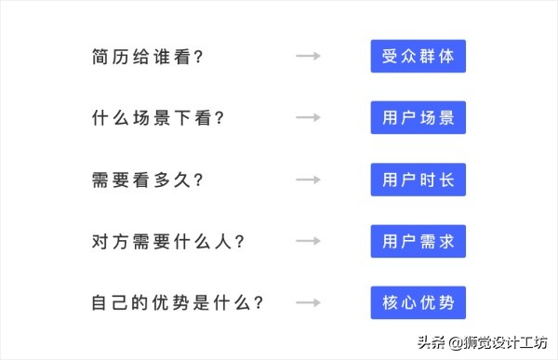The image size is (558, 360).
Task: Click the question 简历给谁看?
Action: pyautogui.click(x=147, y=57)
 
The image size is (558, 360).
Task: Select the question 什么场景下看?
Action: pyautogui.click(x=157, y=118)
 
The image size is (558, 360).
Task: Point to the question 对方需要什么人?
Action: pyautogui.click(x=167, y=242)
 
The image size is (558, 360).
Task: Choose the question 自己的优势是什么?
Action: pyautogui.click(x=178, y=303)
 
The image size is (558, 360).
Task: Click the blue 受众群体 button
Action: pyautogui.click(x=418, y=57)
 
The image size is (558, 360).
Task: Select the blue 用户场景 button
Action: pyautogui.click(x=418, y=118)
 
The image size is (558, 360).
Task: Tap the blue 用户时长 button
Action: pyautogui.click(x=418, y=180)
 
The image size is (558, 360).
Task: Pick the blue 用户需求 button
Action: pyautogui.click(x=418, y=242)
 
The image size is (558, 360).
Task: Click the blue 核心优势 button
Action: pyautogui.click(x=418, y=303)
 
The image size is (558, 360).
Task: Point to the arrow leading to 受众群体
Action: pyautogui.click(x=308, y=57)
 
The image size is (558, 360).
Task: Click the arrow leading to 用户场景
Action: pyautogui.click(x=308, y=118)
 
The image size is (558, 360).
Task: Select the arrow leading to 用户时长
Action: pyautogui.click(x=308, y=180)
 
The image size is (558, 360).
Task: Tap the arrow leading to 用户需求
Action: pyautogui.click(x=308, y=242)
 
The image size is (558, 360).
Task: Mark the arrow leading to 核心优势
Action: pyautogui.click(x=308, y=303)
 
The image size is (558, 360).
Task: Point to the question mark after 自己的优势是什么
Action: pyautogui.click(x=259, y=303)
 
